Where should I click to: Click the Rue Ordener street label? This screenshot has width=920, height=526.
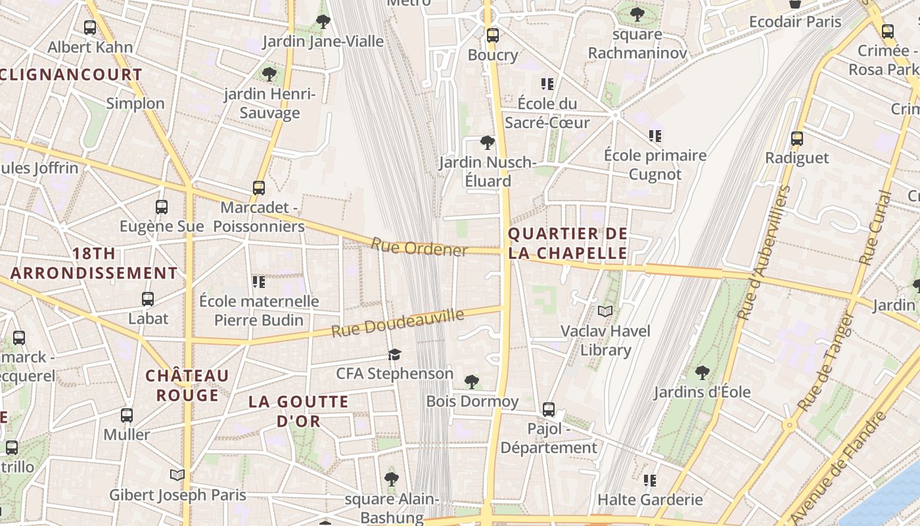(x=419, y=248)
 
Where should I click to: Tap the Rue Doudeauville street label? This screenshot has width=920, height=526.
(x=398, y=323)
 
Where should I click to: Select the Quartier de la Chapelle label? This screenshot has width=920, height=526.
(x=568, y=243)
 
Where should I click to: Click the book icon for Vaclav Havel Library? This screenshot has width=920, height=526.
(x=605, y=311)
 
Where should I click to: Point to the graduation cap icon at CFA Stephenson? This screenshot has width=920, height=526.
(x=394, y=355)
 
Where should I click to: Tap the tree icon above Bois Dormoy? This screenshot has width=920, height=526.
(x=471, y=382)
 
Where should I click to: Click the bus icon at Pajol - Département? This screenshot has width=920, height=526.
(x=549, y=410)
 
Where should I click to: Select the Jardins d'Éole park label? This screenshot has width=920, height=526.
(x=702, y=393)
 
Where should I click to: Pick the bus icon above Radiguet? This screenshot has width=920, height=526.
(x=797, y=139)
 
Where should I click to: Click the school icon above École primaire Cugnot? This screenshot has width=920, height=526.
(x=655, y=136)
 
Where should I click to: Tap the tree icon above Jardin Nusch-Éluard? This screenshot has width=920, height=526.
(x=487, y=143)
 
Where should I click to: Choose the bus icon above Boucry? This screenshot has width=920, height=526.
(x=493, y=36)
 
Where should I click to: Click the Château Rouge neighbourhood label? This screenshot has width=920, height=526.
(x=187, y=385)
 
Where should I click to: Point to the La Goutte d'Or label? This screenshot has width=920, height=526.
(x=298, y=411)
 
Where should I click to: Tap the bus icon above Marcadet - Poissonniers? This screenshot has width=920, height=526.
(x=259, y=188)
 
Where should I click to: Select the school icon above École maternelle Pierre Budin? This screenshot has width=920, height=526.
(x=259, y=282)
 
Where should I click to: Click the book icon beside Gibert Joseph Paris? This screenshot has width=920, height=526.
(x=177, y=475)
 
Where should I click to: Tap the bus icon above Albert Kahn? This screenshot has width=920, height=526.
(x=90, y=28)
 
